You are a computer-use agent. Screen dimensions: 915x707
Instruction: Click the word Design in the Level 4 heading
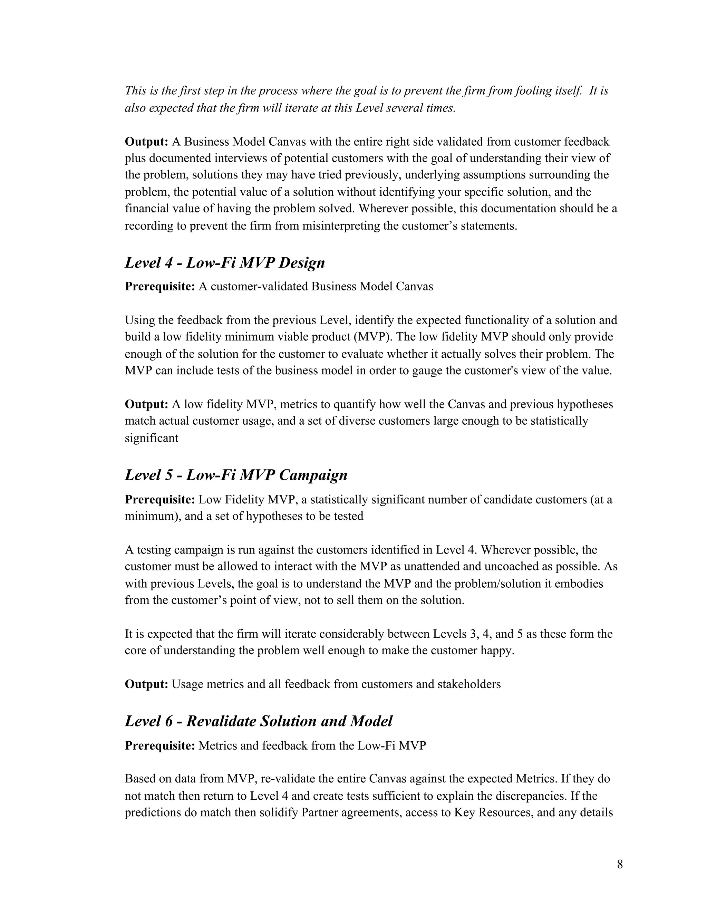pos(302,263)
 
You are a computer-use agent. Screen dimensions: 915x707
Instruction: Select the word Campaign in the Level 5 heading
pos(313,475)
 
